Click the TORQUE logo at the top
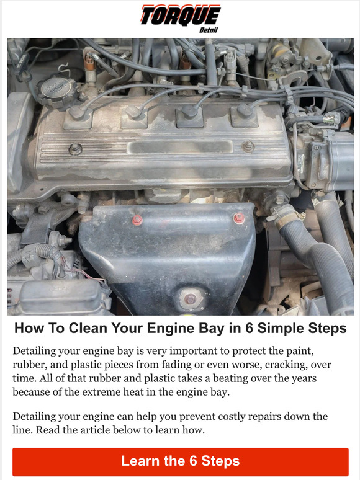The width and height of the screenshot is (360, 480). (180, 14)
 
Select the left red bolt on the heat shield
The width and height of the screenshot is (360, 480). (137, 220)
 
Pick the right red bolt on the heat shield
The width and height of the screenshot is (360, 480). (238, 218)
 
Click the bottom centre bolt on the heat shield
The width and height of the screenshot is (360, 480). (191, 299)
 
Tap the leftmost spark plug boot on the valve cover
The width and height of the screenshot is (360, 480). (77, 112)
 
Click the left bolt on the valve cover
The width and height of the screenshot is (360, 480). (75, 149)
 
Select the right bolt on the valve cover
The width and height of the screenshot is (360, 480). (248, 147)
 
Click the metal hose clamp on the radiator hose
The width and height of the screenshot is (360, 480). (286, 218)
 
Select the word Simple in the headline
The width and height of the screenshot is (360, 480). (302, 328)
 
